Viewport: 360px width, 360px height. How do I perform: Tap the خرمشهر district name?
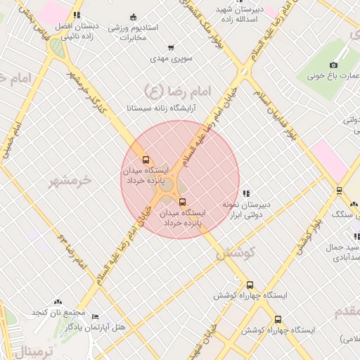point(70,181)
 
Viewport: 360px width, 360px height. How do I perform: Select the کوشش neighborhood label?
point(235,252)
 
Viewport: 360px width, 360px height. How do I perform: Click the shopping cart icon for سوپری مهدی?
point(171,48)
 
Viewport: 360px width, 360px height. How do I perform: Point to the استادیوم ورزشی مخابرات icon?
point(133,18)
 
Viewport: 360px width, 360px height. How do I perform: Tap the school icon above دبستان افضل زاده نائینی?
point(77,15)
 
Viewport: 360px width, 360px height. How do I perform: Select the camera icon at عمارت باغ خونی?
point(333,65)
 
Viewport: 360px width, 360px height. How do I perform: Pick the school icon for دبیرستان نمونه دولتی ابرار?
point(245,193)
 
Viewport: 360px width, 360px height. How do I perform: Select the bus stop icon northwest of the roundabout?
point(146,160)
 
